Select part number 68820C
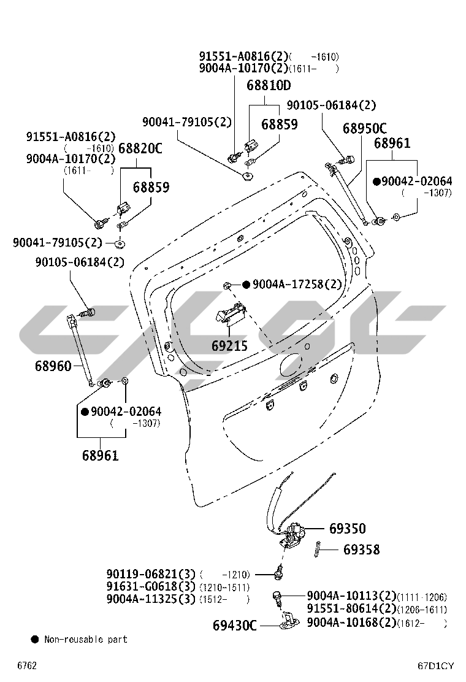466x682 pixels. (140, 148)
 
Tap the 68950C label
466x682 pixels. (364, 129)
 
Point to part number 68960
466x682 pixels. (53, 366)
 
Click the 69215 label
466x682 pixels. (229, 346)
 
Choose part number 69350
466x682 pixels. (347, 529)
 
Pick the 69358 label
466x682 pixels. (361, 550)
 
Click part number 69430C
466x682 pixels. (235, 626)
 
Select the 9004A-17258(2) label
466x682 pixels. (297, 284)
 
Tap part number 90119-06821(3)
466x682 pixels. (151, 575)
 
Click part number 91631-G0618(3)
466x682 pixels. (151, 587)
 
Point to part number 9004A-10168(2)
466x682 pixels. (351, 622)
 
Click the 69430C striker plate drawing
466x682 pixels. (287, 624)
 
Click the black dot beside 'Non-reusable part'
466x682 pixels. (35, 639)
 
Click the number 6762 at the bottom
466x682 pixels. (26, 665)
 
